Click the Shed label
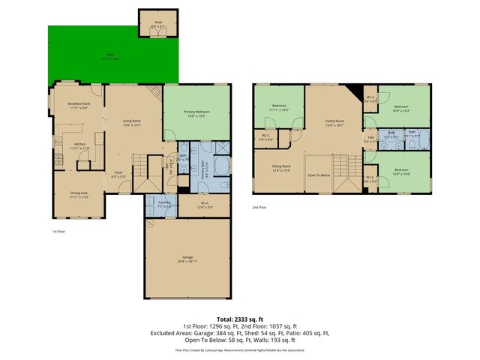coord(158,22)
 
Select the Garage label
coord(187,257)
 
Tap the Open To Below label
coord(319,175)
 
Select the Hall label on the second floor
coord(370,137)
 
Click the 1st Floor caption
coord(59,232)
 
